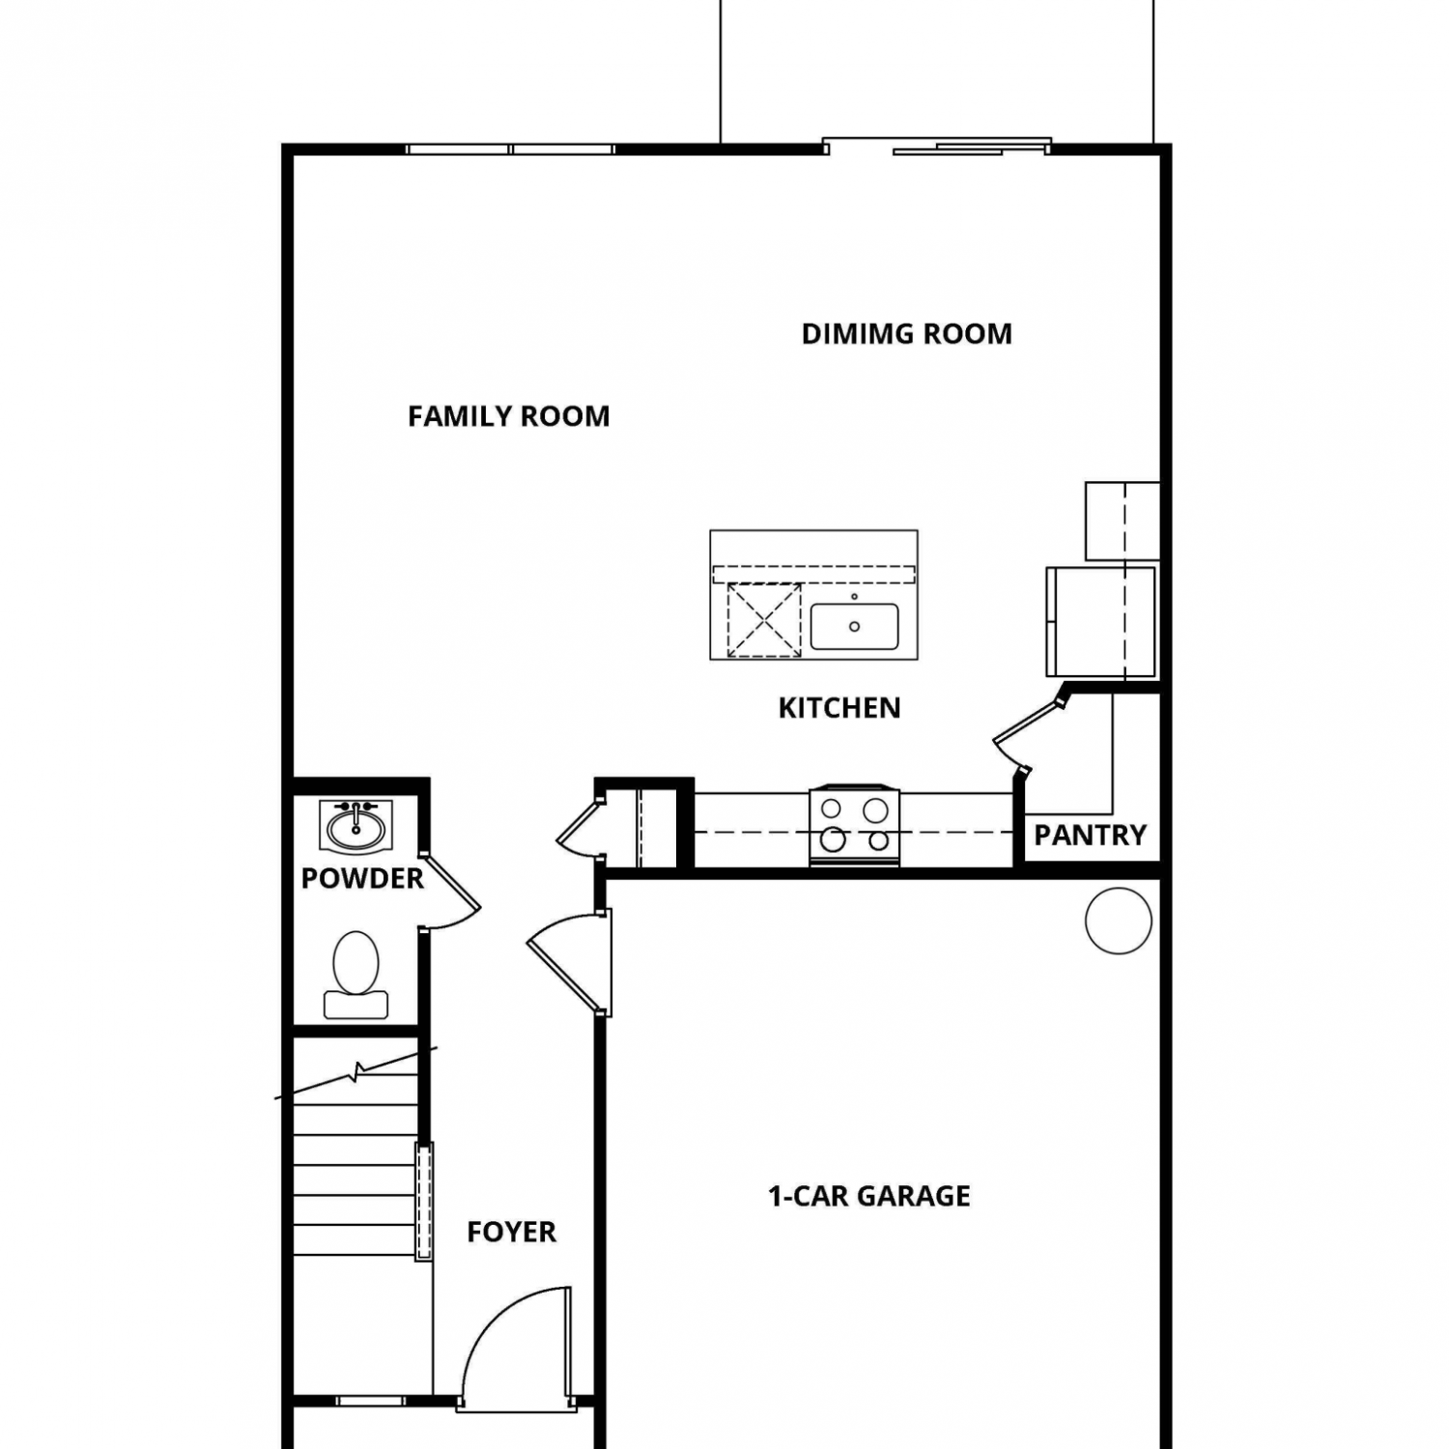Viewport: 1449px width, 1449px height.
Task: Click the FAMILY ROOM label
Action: (x=508, y=416)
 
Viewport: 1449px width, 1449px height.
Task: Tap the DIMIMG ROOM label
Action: (x=907, y=334)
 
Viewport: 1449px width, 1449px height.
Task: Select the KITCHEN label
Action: (x=839, y=708)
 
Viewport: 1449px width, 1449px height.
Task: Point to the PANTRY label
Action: (x=1091, y=835)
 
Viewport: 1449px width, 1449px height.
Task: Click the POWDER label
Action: (x=362, y=878)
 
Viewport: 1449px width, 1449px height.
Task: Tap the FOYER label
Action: (x=511, y=1232)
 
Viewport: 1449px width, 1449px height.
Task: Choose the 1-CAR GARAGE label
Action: (x=869, y=1196)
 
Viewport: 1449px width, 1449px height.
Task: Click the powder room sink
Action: (x=355, y=827)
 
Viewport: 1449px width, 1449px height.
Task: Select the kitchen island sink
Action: (x=855, y=626)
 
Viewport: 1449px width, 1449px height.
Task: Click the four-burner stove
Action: (x=855, y=826)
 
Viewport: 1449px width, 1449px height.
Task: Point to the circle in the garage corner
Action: (x=1119, y=922)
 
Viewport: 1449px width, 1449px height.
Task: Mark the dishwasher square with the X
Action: (x=764, y=620)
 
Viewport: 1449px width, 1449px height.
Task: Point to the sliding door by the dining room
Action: (x=937, y=146)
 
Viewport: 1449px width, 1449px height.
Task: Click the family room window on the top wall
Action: (x=510, y=150)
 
